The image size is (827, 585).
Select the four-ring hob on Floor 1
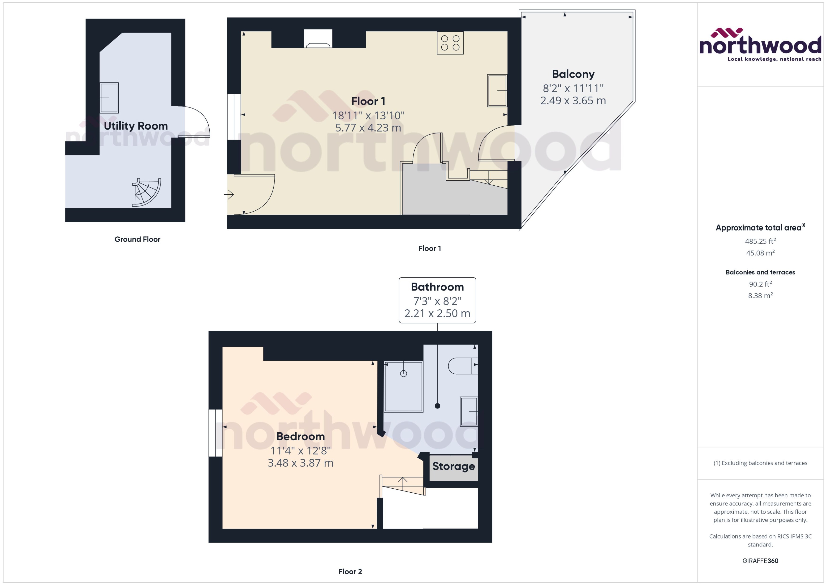click(450, 43)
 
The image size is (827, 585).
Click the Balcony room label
click(573, 74)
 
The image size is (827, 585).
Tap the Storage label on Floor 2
click(453, 466)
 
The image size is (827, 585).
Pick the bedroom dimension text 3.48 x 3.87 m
click(301, 463)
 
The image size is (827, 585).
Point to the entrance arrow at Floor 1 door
click(229, 195)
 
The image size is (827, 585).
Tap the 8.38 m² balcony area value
click(760, 296)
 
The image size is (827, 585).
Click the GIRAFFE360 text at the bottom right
click(760, 561)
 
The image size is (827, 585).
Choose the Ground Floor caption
click(137, 239)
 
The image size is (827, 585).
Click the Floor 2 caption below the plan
click(350, 572)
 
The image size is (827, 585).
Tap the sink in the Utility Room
click(109, 98)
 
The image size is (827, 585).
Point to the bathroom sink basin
click(469, 411)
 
